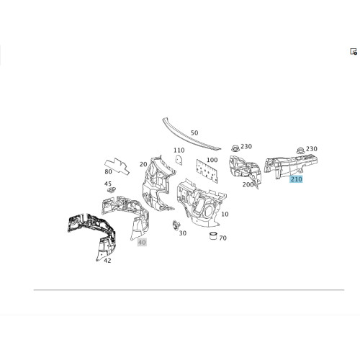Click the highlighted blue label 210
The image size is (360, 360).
[x=296, y=179]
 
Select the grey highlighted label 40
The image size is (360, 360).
[x=142, y=243]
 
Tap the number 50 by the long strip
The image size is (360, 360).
[x=194, y=132]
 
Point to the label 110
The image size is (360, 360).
[x=179, y=150]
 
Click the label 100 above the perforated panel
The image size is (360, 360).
[x=212, y=160]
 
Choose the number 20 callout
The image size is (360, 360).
[x=143, y=164]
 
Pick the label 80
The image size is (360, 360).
[x=108, y=171]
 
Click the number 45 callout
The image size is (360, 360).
[x=108, y=184]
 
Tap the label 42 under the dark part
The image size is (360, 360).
[x=107, y=261]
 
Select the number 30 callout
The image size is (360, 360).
[x=183, y=233]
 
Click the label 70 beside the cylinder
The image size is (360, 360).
[x=222, y=238]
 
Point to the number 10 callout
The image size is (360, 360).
[x=225, y=214]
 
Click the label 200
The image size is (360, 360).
[x=248, y=184]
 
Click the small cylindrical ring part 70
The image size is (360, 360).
[x=213, y=235]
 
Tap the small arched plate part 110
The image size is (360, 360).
[x=179, y=159]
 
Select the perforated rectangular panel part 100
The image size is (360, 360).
[x=207, y=171]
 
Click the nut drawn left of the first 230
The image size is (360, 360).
[x=235, y=148]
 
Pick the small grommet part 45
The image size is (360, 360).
[x=111, y=190]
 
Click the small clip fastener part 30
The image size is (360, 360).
[x=176, y=225]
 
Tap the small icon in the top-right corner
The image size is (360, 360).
[x=354, y=51]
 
